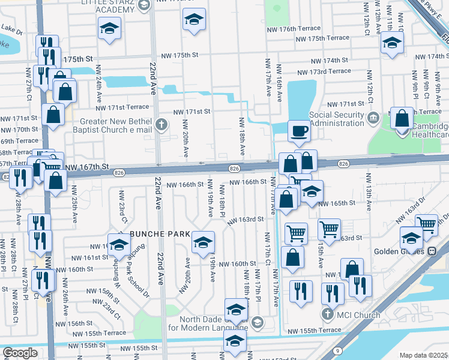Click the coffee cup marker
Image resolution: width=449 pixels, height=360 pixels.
pyautogui.click(x=299, y=130)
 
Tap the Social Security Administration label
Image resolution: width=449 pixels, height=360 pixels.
pyautogui.click(x=337, y=119)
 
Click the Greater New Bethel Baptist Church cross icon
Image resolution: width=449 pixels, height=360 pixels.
pyautogui.click(x=160, y=125)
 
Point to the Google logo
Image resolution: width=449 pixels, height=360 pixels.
pyautogui.click(x=20, y=353)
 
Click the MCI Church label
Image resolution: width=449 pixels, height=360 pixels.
pyautogui.click(x=358, y=315)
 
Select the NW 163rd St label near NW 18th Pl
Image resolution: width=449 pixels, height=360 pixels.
pyautogui.click(x=246, y=220)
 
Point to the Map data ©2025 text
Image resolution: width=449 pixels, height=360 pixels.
pyautogui.click(x=423, y=355)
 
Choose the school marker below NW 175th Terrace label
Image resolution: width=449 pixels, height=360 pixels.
pyautogui.click(x=392, y=43)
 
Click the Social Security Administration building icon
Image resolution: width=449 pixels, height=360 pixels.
pyautogui.click(x=373, y=117)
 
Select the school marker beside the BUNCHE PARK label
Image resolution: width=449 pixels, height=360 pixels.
pyautogui.click(x=203, y=242)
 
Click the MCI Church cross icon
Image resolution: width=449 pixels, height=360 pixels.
pyautogui.click(x=328, y=314)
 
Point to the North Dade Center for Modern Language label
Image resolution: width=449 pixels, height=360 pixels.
pyautogui.click(x=207, y=323)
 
